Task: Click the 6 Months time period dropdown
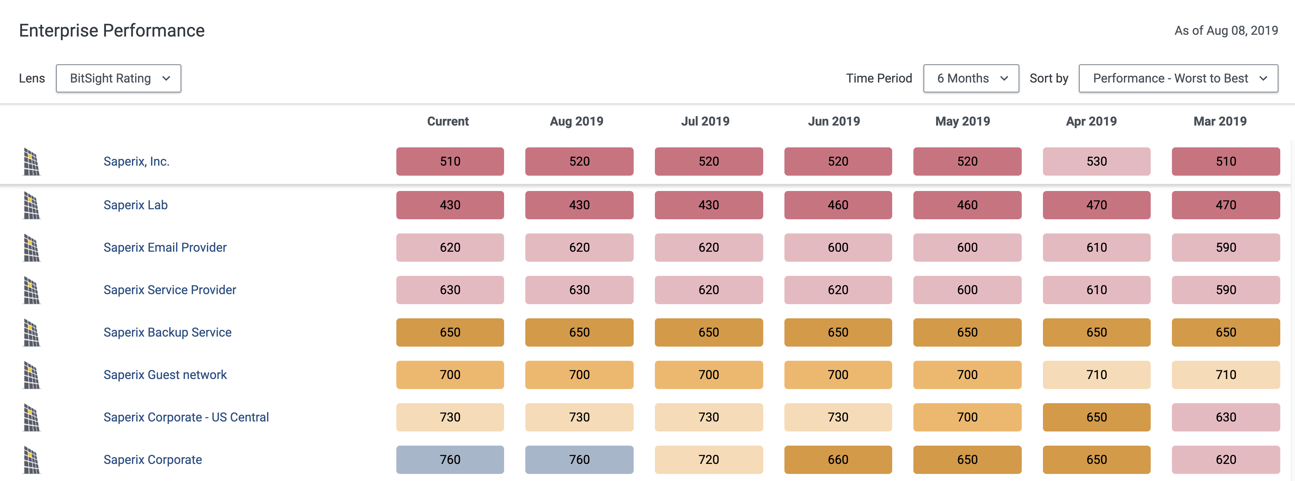coord(971,78)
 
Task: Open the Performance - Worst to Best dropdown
coord(1178,78)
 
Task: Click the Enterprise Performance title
coord(112,31)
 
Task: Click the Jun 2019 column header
coord(834,121)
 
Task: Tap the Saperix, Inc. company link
coord(136,162)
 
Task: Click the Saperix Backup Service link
coord(168,332)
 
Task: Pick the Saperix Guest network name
coord(165,375)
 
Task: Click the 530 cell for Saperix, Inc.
coord(1097,162)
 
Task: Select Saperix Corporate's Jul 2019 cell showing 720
coord(708,459)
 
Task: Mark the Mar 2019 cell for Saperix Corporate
coord(1226,459)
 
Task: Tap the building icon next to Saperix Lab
coord(31,206)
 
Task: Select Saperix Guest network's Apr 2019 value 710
coord(1097,375)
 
